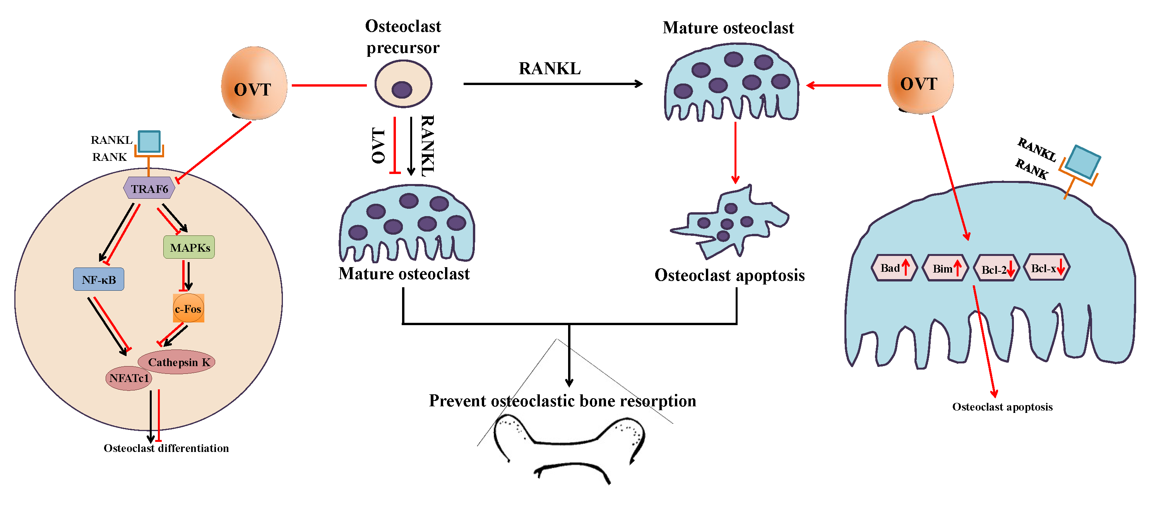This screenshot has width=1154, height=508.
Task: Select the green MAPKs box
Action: pos(189,247)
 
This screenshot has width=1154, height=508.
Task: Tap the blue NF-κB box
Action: pos(99,280)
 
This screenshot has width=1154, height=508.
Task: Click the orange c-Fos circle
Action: pos(188,309)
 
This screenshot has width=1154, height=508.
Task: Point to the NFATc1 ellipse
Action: pos(128,378)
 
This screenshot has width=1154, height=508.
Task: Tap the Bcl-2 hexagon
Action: pos(997,269)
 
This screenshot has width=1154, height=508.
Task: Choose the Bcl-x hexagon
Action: pos(1047,268)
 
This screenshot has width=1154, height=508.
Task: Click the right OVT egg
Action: pos(920,78)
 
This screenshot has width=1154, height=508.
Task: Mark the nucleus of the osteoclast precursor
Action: pos(402,90)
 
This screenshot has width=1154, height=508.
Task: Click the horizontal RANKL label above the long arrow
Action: pos(550,68)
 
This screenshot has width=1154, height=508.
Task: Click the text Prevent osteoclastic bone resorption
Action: pos(562,401)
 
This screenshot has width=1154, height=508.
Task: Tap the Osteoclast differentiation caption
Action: pos(166,448)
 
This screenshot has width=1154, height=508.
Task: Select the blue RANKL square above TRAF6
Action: pos(149,141)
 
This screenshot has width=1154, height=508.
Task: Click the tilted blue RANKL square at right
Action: pos(1083,162)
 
